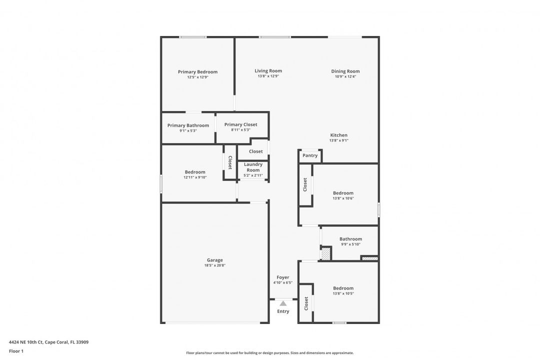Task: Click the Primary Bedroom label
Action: pyautogui.click(x=197, y=71)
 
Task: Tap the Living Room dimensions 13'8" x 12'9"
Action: pyautogui.click(x=268, y=76)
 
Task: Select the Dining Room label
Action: pyautogui.click(x=345, y=71)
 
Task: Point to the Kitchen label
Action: pyautogui.click(x=339, y=135)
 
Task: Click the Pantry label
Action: pyautogui.click(x=310, y=155)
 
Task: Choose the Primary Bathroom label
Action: pyautogui.click(x=188, y=125)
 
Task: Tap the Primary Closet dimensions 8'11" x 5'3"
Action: pyautogui.click(x=240, y=130)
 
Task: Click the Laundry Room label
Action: pyautogui.click(x=253, y=167)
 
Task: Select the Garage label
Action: pyautogui.click(x=215, y=260)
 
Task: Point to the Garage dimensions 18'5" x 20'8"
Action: pyautogui.click(x=215, y=265)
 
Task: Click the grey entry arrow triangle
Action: pyautogui.click(x=283, y=303)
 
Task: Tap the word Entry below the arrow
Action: pyautogui.click(x=283, y=311)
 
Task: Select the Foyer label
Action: pyautogui.click(x=283, y=277)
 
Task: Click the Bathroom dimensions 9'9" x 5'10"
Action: pyautogui.click(x=351, y=244)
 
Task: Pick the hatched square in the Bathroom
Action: pyautogui.click(x=325, y=254)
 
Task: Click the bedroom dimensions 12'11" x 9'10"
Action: pyautogui.click(x=195, y=177)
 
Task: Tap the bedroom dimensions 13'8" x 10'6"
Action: pyautogui.click(x=343, y=198)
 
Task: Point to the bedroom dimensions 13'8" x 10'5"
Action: pyautogui.click(x=343, y=293)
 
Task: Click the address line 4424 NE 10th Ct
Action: pyautogui.click(x=48, y=342)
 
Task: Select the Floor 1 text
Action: pyautogui.click(x=16, y=351)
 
